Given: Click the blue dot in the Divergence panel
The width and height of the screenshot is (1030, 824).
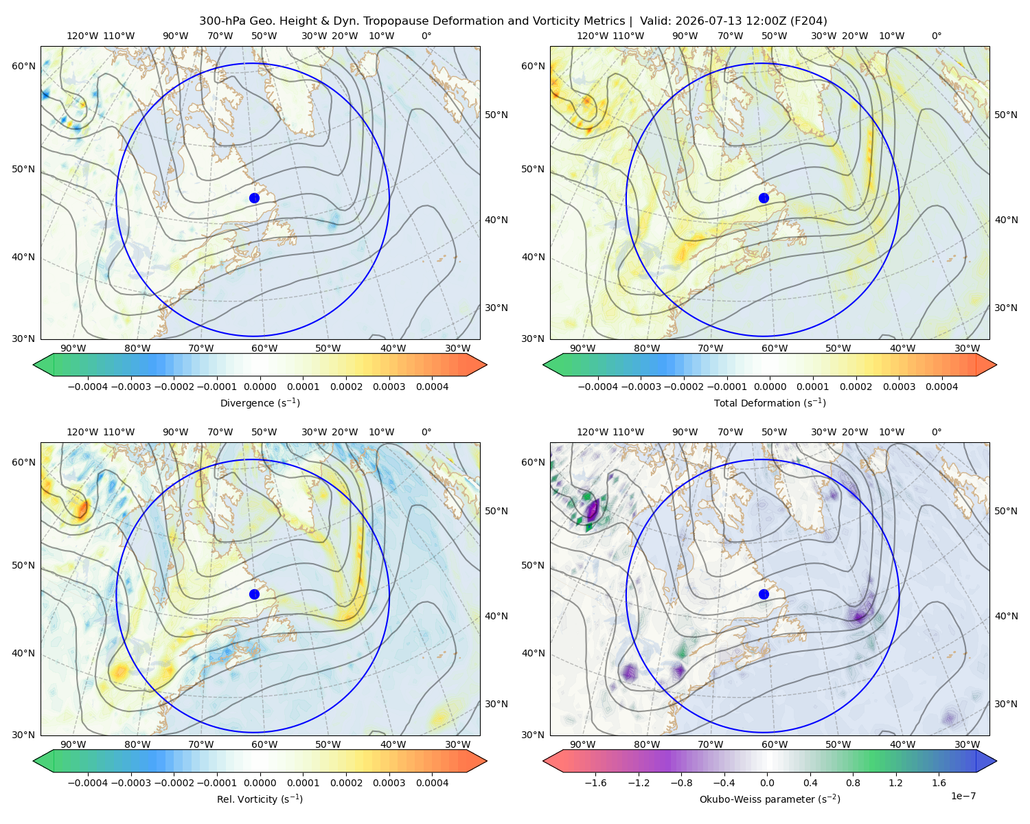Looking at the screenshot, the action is click(x=254, y=198).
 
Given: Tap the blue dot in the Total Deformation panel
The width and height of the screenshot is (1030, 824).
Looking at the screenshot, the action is click(x=764, y=198).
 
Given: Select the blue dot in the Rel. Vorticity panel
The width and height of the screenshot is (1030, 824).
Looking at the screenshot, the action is click(x=254, y=594).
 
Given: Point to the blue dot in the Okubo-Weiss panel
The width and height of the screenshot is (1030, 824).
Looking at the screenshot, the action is click(x=764, y=594).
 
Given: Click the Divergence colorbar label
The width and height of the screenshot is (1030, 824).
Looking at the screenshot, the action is click(x=260, y=403).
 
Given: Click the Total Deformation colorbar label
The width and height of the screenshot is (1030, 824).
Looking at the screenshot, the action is click(x=770, y=403).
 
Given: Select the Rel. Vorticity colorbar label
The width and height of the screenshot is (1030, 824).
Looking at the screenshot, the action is click(x=260, y=799).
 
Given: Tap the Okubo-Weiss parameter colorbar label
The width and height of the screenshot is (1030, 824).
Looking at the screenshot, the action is click(x=770, y=799).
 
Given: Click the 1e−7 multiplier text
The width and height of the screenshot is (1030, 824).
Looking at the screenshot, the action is click(x=963, y=796).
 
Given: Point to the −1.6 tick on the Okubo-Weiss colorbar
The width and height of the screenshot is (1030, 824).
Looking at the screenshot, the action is click(x=595, y=783).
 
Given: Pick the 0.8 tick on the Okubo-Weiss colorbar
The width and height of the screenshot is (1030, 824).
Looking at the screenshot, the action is click(x=853, y=783).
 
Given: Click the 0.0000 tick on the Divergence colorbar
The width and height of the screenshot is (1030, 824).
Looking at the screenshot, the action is click(x=260, y=387).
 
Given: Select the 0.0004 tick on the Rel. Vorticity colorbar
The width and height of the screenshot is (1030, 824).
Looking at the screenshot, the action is click(x=432, y=783).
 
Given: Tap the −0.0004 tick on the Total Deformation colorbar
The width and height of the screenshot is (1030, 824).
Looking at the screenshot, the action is click(x=598, y=387).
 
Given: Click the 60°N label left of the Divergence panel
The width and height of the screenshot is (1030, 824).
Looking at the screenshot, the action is click(x=23, y=66).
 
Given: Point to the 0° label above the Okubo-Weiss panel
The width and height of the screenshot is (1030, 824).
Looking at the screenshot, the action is click(x=936, y=432).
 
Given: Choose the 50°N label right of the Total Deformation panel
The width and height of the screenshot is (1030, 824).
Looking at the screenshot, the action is click(x=1005, y=115).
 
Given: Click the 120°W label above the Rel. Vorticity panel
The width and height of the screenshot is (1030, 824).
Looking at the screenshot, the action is click(x=82, y=432).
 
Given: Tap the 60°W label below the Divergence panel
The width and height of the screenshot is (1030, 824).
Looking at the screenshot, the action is click(x=264, y=349).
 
